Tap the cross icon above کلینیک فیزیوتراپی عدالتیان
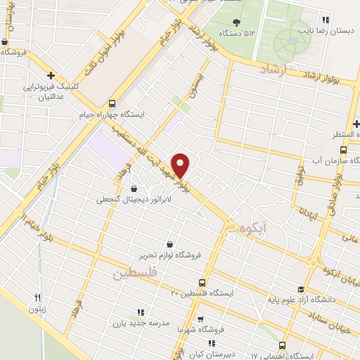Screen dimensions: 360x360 pyautogui.click(x=51, y=75)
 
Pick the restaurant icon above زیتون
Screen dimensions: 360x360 pyautogui.click(x=39, y=297)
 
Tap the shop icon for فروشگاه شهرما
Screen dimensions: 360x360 pyautogui.click(x=200, y=318)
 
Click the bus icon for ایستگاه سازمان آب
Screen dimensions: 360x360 pyautogui.click(x=343, y=150)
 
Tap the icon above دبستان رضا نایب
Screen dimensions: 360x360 pyautogui.click(x=325, y=20)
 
